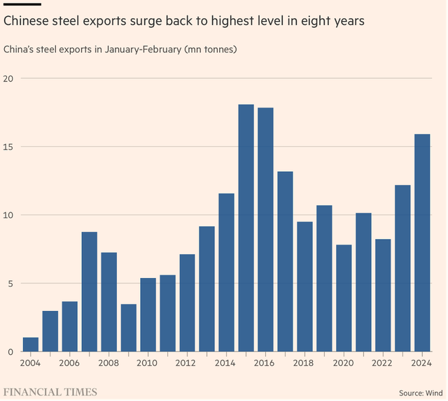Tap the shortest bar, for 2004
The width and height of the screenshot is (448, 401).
pyautogui.click(x=31, y=344)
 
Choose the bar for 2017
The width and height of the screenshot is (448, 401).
pyautogui.click(x=285, y=261)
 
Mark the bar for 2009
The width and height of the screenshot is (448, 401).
pyautogui.click(x=129, y=328)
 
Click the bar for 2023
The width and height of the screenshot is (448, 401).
pyautogui.click(x=402, y=268)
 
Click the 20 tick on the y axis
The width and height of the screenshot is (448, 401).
pyautogui.click(x=8, y=79)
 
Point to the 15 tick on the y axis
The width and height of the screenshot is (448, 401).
pyautogui.click(x=8, y=147)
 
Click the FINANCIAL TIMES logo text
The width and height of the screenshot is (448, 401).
pyautogui.click(x=50, y=391)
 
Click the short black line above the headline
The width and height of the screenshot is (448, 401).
pyautogui.click(x=22, y=3)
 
